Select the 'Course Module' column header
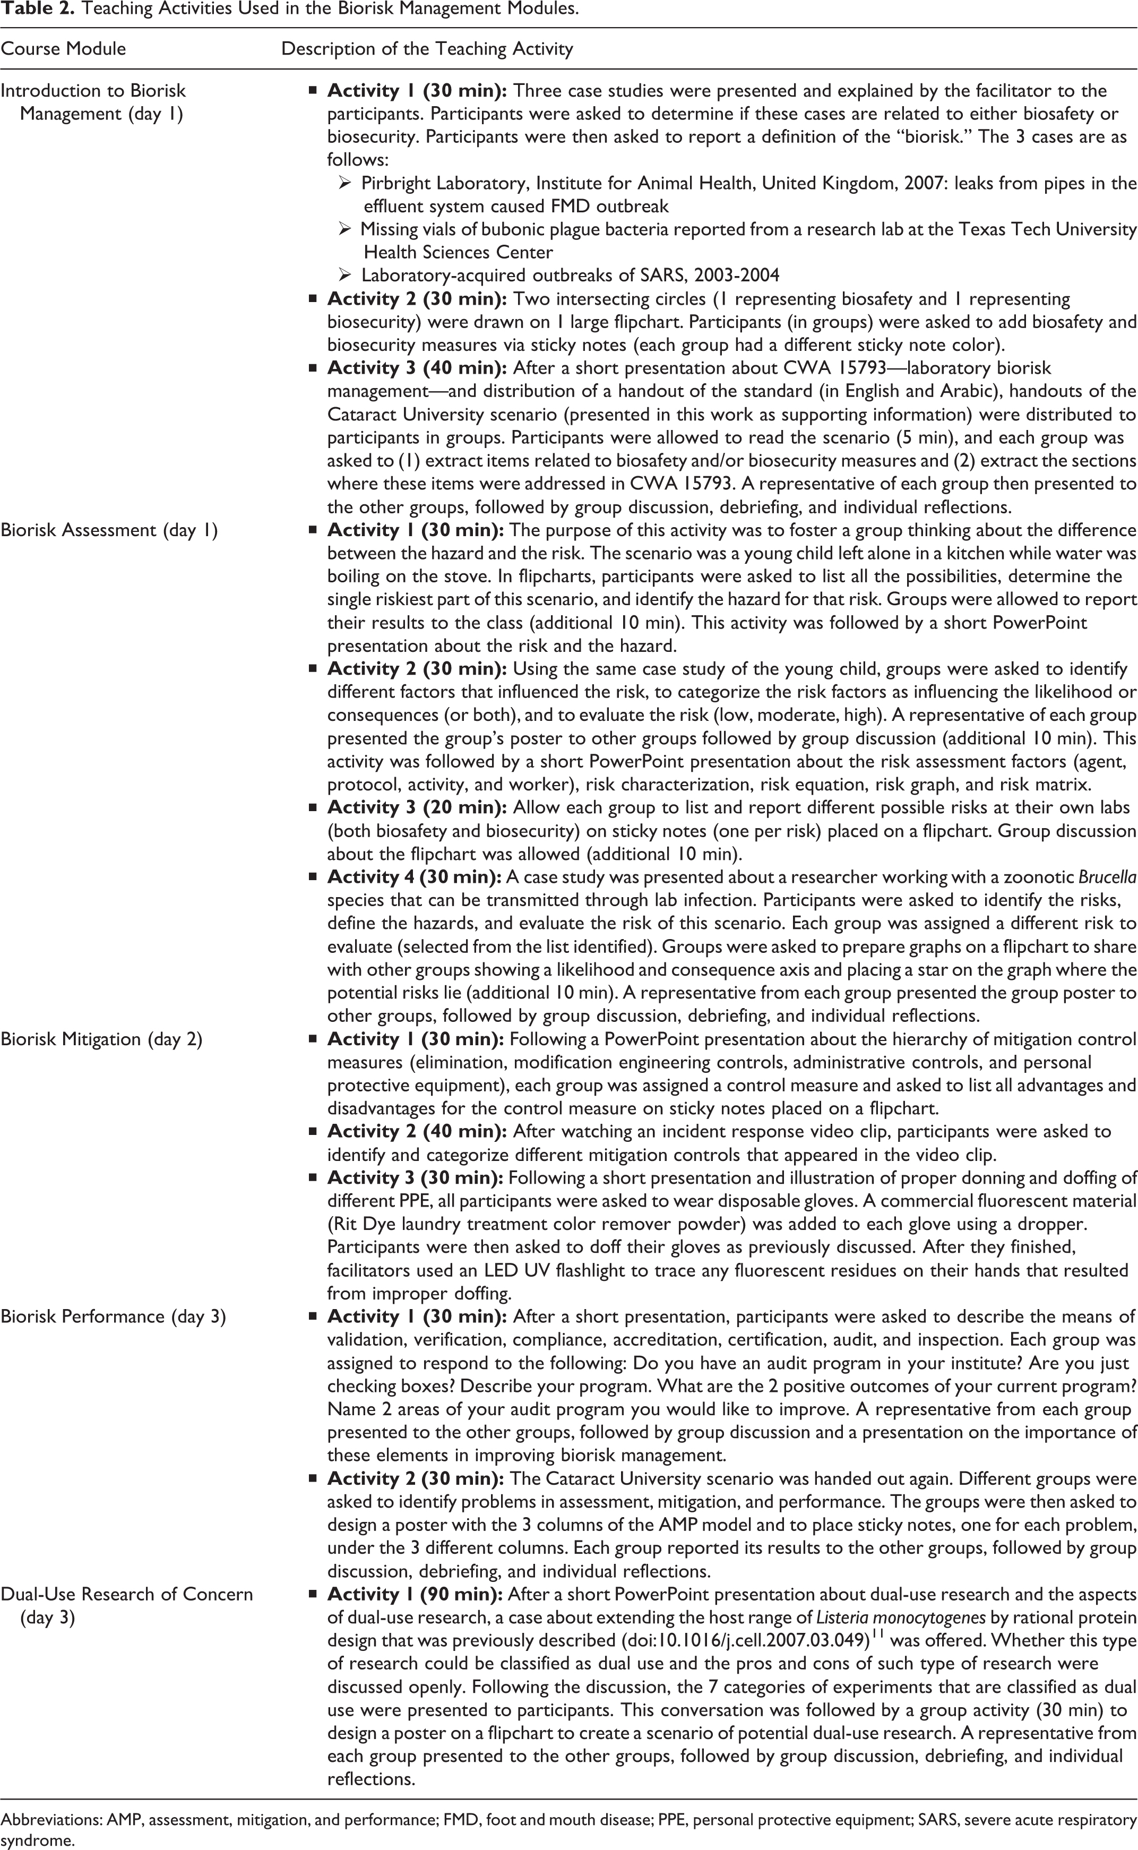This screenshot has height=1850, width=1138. click(63, 49)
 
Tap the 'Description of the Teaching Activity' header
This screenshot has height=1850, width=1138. click(427, 49)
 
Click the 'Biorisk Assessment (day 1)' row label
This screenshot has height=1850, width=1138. click(109, 530)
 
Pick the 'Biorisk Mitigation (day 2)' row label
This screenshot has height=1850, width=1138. click(101, 1039)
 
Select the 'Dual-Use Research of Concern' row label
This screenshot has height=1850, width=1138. click(126, 1594)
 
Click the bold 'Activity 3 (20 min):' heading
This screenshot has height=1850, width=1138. click(416, 807)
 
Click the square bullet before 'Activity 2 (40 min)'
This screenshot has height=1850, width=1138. click(312, 1132)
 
